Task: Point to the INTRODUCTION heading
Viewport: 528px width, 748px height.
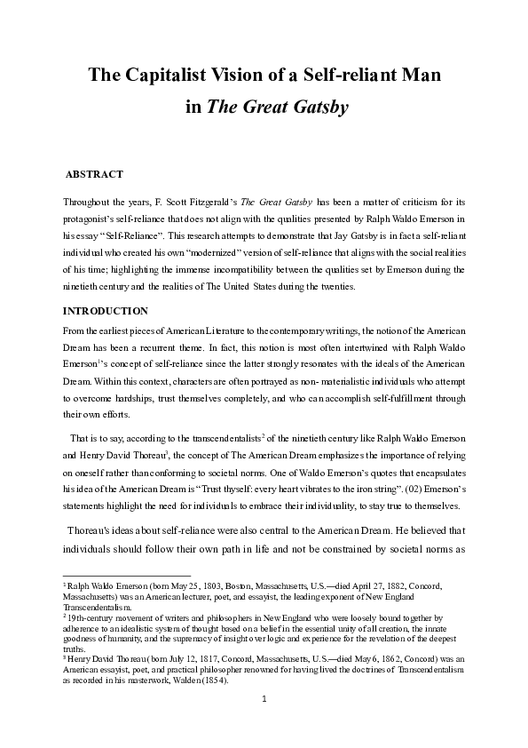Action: pyautogui.click(x=105, y=311)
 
